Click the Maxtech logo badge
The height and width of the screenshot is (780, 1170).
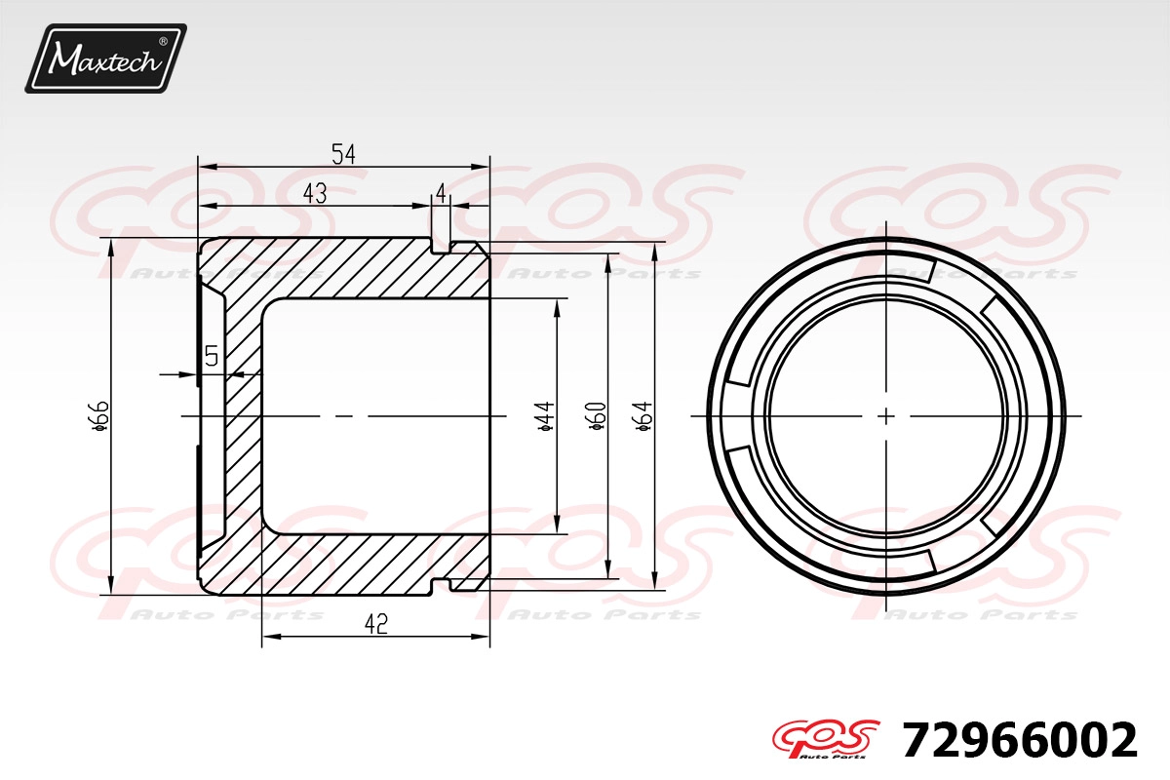click(x=105, y=58)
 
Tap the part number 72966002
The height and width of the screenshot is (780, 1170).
click(x=1020, y=740)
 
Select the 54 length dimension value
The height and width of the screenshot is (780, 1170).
click(x=343, y=154)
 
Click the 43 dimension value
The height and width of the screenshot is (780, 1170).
click(x=315, y=194)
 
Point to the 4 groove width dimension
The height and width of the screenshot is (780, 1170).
click(x=441, y=194)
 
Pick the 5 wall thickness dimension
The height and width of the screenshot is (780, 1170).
click(x=212, y=356)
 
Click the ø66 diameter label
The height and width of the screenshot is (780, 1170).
click(x=99, y=416)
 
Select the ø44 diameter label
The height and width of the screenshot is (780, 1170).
click(x=545, y=416)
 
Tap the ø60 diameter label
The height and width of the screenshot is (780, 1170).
click(x=596, y=416)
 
